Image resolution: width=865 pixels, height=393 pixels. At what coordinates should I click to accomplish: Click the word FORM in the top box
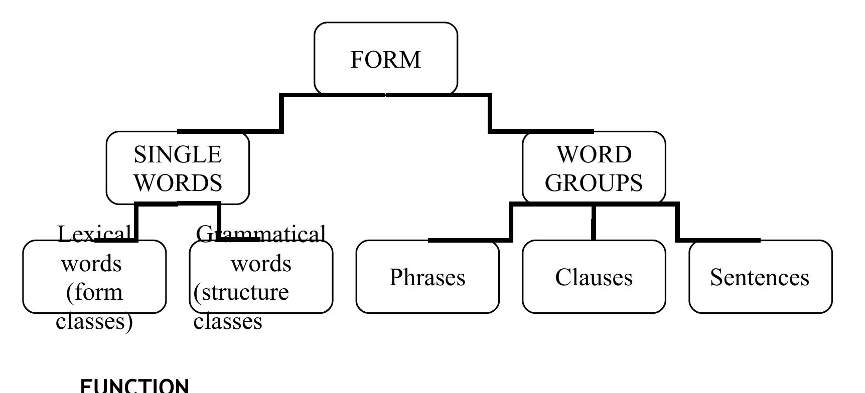385,60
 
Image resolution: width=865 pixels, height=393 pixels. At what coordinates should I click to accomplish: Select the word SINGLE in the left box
178,154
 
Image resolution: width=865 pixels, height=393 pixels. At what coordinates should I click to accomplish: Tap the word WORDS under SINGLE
178,182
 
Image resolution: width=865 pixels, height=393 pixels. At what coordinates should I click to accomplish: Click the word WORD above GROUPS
594,154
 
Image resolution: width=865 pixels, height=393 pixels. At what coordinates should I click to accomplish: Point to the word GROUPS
594,182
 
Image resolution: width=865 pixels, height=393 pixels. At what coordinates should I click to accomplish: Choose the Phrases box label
427,277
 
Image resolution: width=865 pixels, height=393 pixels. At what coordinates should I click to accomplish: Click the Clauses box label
594,277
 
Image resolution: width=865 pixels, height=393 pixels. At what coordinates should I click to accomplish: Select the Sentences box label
760,277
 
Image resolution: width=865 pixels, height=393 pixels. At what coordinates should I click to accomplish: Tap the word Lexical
94,234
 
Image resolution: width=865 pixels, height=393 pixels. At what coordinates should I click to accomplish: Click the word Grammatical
261,234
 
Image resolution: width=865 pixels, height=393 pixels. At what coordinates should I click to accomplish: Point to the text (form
94,292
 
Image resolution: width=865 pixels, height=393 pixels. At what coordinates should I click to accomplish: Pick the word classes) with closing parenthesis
94,321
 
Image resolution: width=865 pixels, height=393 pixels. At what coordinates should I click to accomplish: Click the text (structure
241,292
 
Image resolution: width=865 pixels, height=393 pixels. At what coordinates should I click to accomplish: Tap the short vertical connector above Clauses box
594,222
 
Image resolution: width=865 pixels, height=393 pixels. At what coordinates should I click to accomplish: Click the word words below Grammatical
261,264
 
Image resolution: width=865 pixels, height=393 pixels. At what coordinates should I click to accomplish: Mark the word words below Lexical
91,264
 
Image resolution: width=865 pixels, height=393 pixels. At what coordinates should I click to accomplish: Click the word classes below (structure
228,321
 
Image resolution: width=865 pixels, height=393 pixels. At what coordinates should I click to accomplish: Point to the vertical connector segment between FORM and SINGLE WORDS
281,113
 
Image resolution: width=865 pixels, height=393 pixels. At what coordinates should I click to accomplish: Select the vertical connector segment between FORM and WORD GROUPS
490,113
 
